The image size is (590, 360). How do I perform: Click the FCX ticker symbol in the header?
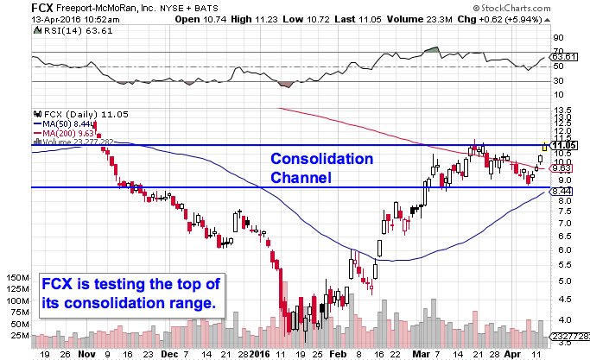[x=16, y=6]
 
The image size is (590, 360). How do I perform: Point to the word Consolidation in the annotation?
[x=321, y=160]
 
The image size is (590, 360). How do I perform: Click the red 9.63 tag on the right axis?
[x=562, y=167]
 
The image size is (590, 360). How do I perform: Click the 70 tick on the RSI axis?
[x=558, y=50]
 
